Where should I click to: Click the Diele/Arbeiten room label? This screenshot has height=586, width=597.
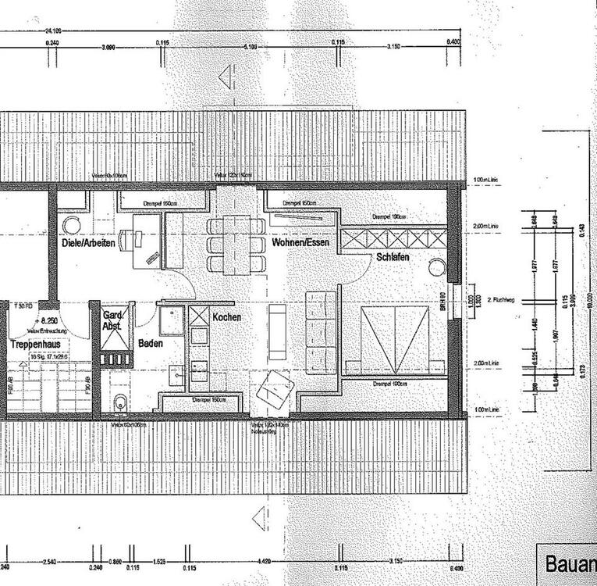tap(87, 244)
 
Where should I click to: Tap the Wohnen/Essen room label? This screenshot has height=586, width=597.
tap(300, 244)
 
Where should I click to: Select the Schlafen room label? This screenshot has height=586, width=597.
tap(393, 257)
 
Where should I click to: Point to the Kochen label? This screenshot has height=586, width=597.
tap(226, 318)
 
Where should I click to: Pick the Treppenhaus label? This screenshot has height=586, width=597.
tap(35, 344)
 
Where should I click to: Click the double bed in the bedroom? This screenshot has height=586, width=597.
tap(395, 339)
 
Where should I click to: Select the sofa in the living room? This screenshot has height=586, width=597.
tap(321, 331)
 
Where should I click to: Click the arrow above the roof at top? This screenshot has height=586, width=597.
tap(226, 77)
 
